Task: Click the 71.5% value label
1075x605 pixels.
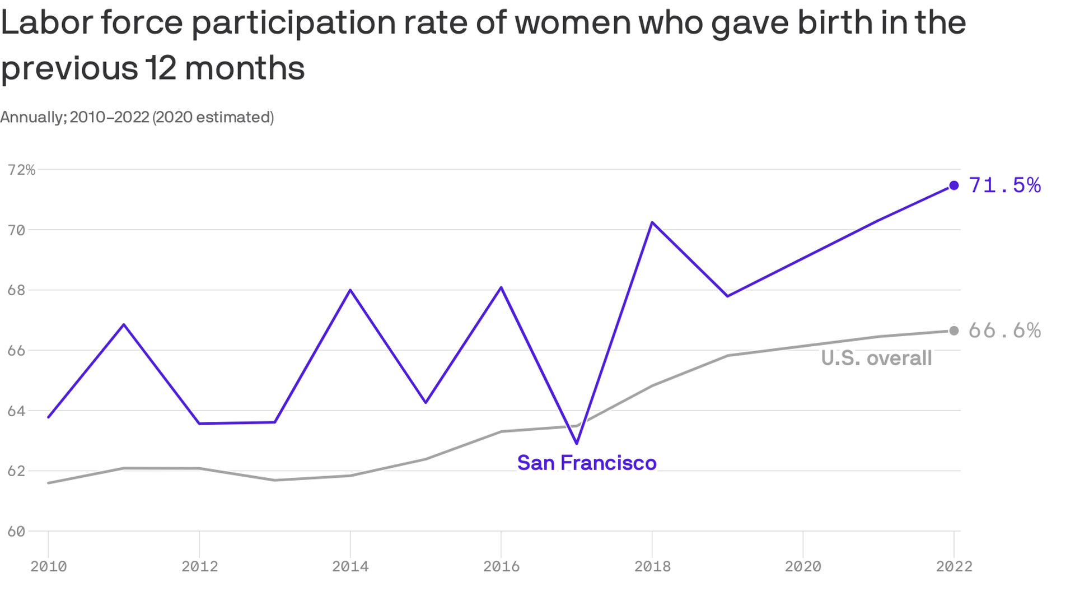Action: tap(1004, 185)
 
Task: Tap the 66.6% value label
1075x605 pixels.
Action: tap(1004, 331)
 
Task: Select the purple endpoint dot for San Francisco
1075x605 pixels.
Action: tap(954, 185)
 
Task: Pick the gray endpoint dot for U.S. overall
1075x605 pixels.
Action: tap(954, 331)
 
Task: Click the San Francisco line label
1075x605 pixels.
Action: tap(587, 463)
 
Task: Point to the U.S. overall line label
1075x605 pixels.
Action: tap(876, 359)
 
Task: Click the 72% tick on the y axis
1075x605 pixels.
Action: tap(21, 170)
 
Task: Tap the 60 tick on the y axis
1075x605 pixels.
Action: tap(16, 531)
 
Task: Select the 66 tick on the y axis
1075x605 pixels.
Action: tap(16, 351)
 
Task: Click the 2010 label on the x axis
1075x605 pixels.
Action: tap(49, 566)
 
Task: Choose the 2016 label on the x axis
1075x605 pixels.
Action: tap(501, 566)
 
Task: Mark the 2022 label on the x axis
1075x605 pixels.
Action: tap(954, 566)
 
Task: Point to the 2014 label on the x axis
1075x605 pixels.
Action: tap(350, 566)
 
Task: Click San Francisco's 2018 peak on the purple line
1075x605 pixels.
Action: tap(652, 222)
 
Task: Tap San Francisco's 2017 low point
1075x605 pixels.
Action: tap(577, 443)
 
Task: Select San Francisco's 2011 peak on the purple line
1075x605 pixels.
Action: tap(124, 324)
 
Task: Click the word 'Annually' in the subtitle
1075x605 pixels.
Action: tap(32, 117)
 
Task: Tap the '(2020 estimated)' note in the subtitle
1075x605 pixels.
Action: tap(213, 117)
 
